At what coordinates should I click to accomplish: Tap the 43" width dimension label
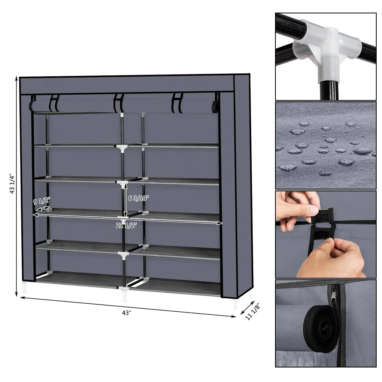point(126,312)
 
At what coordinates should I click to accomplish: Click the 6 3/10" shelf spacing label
point(139,197)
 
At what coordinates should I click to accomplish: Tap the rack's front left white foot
point(25,288)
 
